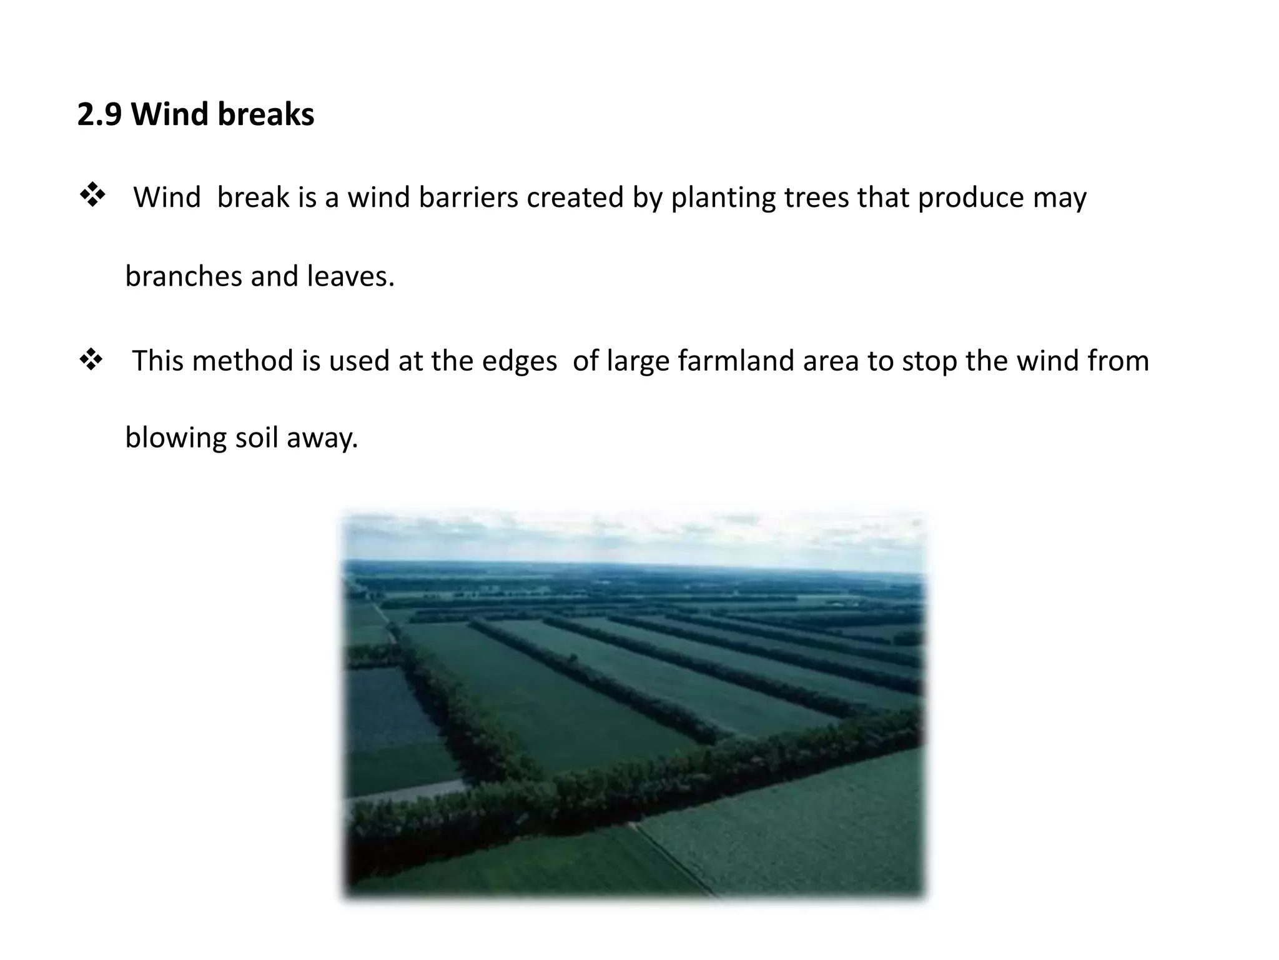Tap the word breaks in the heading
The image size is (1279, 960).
click(x=266, y=114)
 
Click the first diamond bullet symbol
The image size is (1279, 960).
click(x=92, y=196)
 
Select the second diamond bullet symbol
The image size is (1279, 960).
click(x=91, y=360)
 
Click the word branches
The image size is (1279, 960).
click(x=184, y=276)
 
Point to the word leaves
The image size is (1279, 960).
click(x=350, y=276)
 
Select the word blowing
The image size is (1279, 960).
click(x=175, y=437)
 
